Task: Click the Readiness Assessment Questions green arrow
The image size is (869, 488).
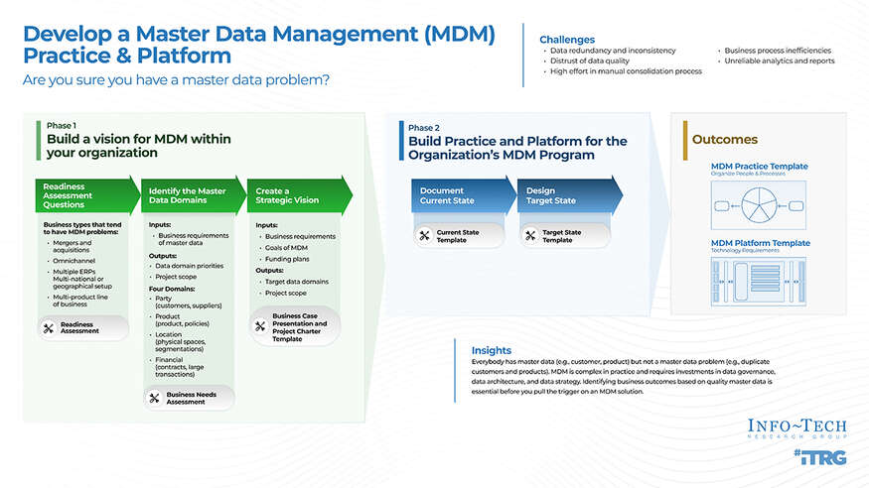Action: [x=85, y=196]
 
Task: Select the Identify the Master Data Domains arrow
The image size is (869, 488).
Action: [x=191, y=196]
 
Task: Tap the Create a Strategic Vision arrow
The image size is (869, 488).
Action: [x=296, y=196]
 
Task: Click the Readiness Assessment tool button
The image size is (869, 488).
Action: [x=83, y=328]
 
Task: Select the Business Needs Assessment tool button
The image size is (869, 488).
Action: [x=190, y=398]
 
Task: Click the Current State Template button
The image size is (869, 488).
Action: [x=458, y=236]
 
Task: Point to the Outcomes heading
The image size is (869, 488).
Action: [x=724, y=140]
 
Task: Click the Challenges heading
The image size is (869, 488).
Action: [x=567, y=39]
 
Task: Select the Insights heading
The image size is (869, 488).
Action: [x=492, y=350]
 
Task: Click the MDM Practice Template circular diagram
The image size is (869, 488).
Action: [x=759, y=206]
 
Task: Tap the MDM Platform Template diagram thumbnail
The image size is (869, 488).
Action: [x=759, y=282]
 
